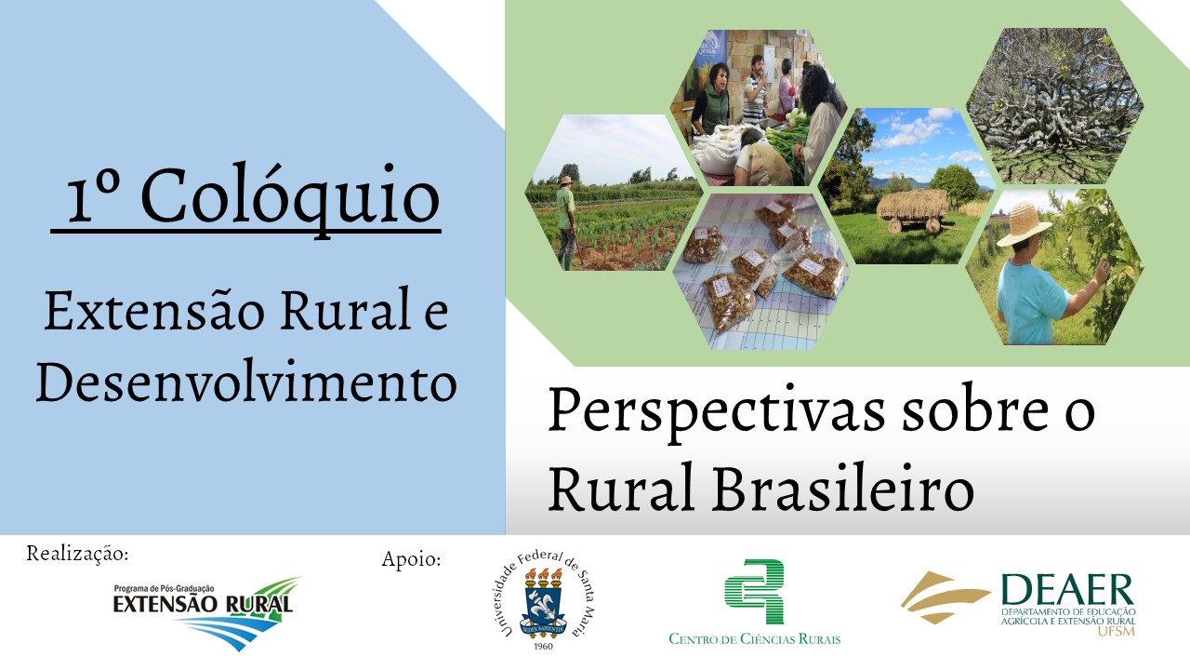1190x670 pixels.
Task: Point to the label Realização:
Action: [77, 554]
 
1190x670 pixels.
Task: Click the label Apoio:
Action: [411, 559]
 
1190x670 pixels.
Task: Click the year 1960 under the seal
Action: [542, 646]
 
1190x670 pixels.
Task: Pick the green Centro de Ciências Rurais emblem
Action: [754, 591]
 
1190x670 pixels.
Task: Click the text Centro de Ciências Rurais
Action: [754, 638]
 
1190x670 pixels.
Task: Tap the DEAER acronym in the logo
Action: [1068, 590]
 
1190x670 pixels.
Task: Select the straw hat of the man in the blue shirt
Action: [1024, 224]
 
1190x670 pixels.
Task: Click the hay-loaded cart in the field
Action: [913, 209]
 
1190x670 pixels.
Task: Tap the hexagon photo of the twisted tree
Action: [1055, 106]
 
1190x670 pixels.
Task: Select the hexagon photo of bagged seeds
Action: [760, 272]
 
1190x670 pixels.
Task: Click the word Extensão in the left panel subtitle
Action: [154, 311]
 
